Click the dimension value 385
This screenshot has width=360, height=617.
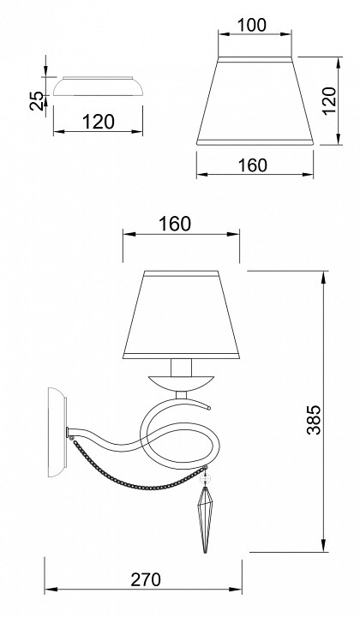(314, 419)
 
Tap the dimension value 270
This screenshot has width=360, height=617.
(146, 579)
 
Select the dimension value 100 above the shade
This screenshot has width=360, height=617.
(252, 25)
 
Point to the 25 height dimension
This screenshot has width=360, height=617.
(37, 101)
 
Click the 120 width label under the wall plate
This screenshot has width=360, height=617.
(99, 122)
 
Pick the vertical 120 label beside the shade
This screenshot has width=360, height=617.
(329, 101)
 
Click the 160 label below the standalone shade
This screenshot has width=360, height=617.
(253, 165)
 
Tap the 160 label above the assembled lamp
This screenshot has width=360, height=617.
(175, 225)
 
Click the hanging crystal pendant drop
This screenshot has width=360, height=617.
(205, 520)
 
